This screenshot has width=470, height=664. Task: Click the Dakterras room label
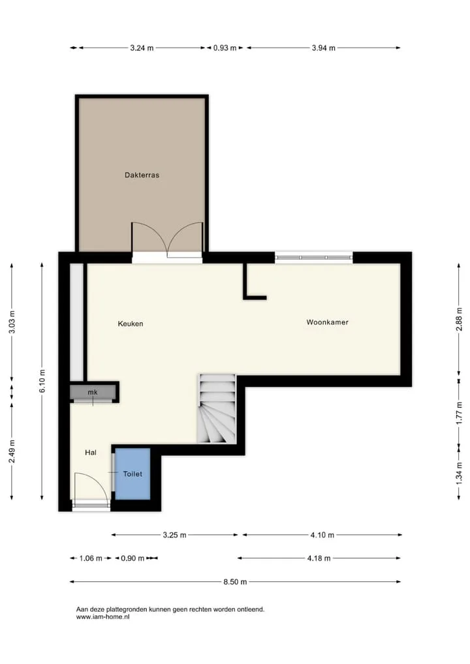point(142,175)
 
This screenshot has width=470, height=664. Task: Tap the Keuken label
point(131,324)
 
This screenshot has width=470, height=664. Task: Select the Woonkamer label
point(328,322)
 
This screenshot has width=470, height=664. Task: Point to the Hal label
point(91,453)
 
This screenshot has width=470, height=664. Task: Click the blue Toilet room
point(133,474)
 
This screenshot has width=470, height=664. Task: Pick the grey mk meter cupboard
point(93,392)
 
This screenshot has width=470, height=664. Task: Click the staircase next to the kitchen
point(217,409)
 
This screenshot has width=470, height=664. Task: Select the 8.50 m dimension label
point(235,582)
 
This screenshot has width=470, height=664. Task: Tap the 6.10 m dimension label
point(42,381)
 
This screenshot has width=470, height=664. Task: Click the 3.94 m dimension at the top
point(324,48)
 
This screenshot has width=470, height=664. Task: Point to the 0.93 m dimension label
point(225,48)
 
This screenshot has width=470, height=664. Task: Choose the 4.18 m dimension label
point(319,558)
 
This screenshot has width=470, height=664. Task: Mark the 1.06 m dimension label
point(91,558)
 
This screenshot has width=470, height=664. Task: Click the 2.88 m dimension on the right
point(459,320)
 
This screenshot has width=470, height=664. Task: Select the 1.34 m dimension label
point(459,473)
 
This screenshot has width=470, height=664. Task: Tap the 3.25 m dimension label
point(174,536)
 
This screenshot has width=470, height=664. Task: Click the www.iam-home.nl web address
point(103,617)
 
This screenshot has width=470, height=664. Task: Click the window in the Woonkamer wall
point(313,257)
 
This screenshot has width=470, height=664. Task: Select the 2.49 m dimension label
point(12,451)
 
